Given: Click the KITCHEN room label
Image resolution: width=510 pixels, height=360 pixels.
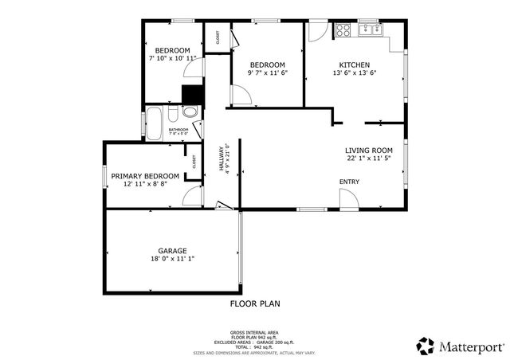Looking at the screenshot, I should (354, 65).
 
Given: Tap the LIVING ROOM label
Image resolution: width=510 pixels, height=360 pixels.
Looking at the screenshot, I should (369, 151).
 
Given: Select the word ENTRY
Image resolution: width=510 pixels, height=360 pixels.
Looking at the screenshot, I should (349, 182).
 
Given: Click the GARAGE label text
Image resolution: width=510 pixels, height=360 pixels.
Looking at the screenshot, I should (172, 251).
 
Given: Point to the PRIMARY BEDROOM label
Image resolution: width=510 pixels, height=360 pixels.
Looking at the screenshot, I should (144, 176).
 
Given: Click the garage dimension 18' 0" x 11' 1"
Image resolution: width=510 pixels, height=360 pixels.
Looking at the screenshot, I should (172, 259).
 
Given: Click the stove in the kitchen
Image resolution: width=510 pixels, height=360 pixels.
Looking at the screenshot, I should (343, 31).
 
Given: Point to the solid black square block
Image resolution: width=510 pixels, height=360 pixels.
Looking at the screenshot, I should (190, 94).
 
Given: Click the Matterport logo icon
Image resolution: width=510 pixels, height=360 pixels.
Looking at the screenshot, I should (426, 346).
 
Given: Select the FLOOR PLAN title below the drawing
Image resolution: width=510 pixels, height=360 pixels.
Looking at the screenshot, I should (255, 303).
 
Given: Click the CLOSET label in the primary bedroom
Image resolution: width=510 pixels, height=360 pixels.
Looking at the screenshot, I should (194, 161).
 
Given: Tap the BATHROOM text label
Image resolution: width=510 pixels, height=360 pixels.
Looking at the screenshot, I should (178, 130).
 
